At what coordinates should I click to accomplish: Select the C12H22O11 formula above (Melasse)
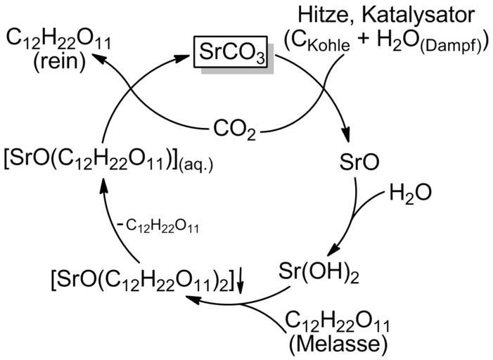(x=336, y=322)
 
